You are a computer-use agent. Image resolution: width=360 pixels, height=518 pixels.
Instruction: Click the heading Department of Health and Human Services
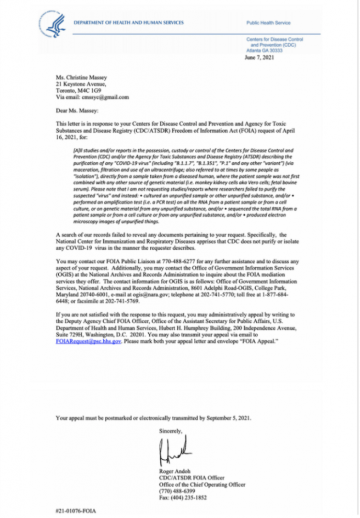(x=129, y=22)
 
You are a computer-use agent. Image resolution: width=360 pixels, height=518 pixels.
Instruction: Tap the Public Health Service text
(x=267, y=23)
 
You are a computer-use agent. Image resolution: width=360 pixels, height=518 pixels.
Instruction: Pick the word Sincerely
(x=170, y=431)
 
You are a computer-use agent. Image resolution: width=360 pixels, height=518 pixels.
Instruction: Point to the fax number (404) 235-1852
(x=182, y=497)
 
